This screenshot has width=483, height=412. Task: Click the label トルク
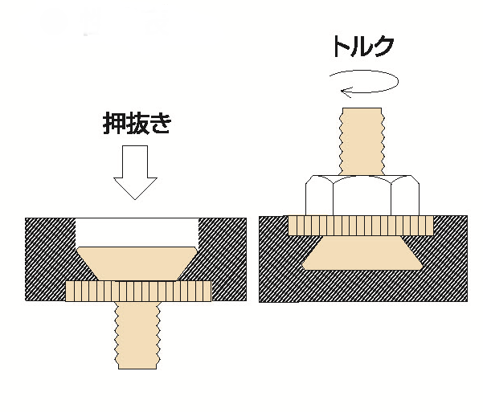[362, 47]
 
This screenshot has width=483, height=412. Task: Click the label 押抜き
[137, 123]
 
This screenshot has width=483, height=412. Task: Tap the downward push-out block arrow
[135, 173]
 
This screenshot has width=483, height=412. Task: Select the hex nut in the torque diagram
[362, 195]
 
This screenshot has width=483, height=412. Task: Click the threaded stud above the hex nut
[362, 141]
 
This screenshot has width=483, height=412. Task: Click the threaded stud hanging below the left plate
[137, 335]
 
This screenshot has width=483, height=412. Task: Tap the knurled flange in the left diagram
[138, 291]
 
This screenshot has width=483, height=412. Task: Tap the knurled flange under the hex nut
[361, 226]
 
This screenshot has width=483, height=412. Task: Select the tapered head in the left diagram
[137, 263]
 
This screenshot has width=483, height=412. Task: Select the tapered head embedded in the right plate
[362, 253]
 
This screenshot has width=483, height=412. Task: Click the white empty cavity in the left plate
[137, 232]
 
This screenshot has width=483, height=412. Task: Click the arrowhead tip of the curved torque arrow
[341, 91]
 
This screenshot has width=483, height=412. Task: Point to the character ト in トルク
[341, 47]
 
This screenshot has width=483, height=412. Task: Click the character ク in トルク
[383, 47]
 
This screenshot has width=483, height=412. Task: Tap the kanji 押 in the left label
[114, 123]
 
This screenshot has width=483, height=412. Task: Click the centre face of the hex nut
[362, 196]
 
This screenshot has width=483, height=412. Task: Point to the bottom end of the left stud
[137, 369]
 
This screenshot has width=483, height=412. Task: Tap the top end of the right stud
[362, 108]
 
